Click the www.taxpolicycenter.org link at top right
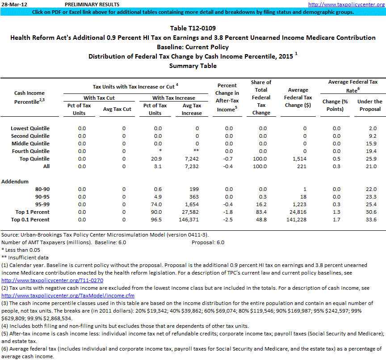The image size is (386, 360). pyautogui.click(x=346, y=4)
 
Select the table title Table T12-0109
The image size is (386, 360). pyautogui.click(x=193, y=28)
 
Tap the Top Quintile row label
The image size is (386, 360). pyautogui.click(x=34, y=159)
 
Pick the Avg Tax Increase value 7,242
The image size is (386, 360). pyautogui.click(x=190, y=159)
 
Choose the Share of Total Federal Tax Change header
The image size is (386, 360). pyautogui.click(x=261, y=97)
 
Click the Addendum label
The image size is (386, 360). pyautogui.click(x=16, y=182)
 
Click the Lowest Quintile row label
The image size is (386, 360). pyautogui.click(x=30, y=128)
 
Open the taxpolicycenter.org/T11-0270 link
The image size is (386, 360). pyautogui.click(x=52, y=280)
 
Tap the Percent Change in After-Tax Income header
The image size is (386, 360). pyautogui.click(x=227, y=97)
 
